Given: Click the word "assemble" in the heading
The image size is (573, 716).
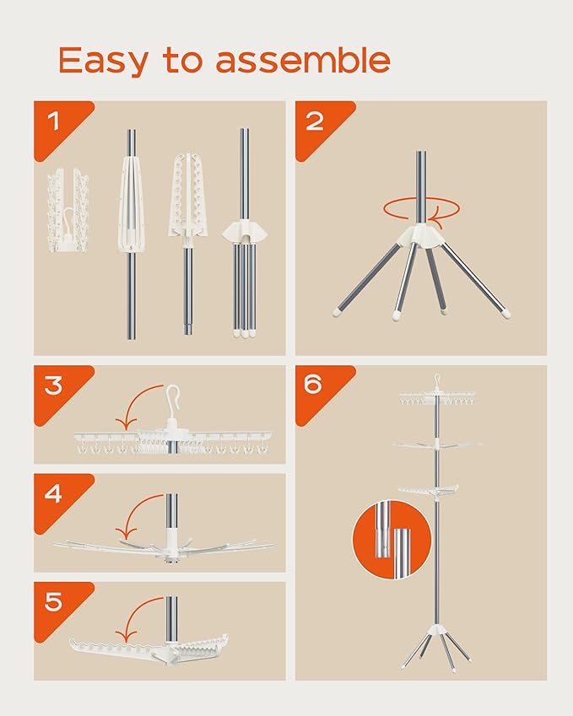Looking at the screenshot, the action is pos(302,60).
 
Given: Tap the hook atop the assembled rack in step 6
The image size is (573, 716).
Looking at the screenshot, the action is pos(437,380).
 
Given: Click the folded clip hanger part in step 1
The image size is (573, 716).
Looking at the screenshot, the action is pos(68,211).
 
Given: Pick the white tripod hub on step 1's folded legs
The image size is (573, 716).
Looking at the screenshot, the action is pos(245,232).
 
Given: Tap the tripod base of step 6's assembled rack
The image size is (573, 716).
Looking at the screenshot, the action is pos(436,647).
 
